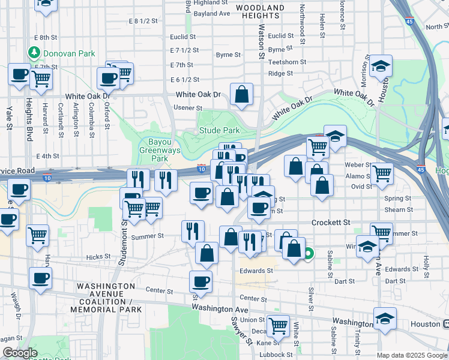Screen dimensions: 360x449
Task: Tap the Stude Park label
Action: click(220, 130)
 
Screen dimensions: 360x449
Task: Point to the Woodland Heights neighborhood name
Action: click(259, 11)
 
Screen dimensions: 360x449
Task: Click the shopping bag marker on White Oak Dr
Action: click(241, 95)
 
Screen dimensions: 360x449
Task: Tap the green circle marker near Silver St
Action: click(309, 254)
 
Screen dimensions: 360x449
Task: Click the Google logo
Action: click(19, 353)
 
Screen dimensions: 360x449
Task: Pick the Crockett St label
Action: click(331, 223)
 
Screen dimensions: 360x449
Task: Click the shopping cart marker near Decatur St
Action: click(278, 326)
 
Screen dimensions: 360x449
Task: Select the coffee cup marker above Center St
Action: click(201, 281)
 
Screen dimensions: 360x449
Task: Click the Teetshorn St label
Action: click(287, 62)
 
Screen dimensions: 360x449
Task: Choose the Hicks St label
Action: click(95, 257)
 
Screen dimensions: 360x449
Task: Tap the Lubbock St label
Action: click(277, 355)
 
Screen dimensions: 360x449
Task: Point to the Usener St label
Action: click(187, 108)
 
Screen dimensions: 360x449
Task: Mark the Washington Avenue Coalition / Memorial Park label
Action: click(106, 298)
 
